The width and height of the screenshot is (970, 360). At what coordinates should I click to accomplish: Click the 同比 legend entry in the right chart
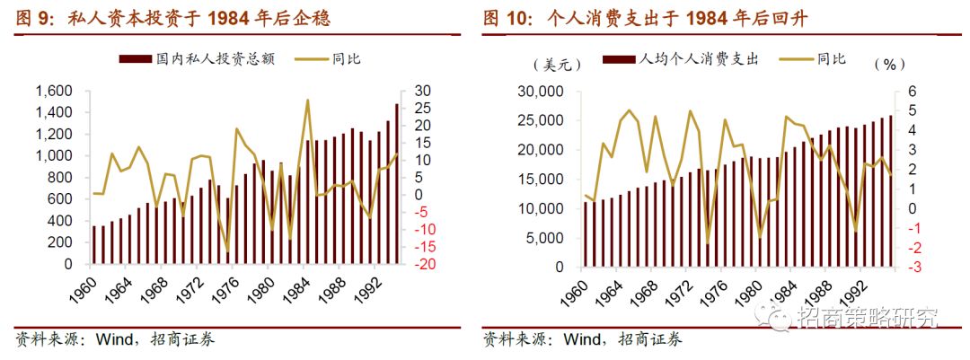click(831, 59)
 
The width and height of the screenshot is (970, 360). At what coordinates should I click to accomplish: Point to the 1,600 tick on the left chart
click(54, 92)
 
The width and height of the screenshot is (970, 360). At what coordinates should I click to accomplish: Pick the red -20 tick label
click(425, 265)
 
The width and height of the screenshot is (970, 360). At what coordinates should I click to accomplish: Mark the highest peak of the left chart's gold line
click(308, 101)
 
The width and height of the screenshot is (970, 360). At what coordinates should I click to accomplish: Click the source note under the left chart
click(116, 339)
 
